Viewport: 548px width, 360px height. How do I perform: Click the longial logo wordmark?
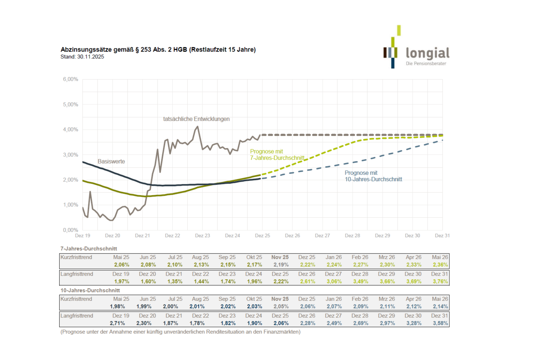[427, 53]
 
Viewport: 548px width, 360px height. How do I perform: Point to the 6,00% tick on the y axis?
[70, 79]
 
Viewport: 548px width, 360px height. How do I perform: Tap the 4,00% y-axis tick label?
[70, 130]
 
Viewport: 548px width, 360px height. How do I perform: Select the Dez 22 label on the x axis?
[172, 236]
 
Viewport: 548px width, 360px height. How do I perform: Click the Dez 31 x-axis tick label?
[442, 236]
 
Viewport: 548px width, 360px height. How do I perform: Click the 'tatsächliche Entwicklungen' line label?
[196, 119]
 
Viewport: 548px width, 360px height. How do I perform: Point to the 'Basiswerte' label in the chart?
[111, 162]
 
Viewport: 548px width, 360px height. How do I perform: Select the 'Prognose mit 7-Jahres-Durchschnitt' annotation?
[277, 155]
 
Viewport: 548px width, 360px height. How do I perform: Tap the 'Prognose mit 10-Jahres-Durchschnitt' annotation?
[373, 176]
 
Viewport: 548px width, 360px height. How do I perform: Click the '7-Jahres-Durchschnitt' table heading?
[89, 249]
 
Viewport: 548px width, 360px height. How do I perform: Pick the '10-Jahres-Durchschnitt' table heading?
[90, 290]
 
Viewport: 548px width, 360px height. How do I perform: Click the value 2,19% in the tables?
[281, 265]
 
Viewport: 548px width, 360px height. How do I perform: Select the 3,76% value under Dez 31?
[440, 282]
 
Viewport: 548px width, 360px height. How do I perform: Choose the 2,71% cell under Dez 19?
[118, 323]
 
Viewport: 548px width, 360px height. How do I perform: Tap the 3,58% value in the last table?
[440, 323]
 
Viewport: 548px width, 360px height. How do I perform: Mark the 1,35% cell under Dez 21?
[174, 282]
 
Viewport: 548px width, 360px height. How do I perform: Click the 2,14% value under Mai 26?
[440, 306]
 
